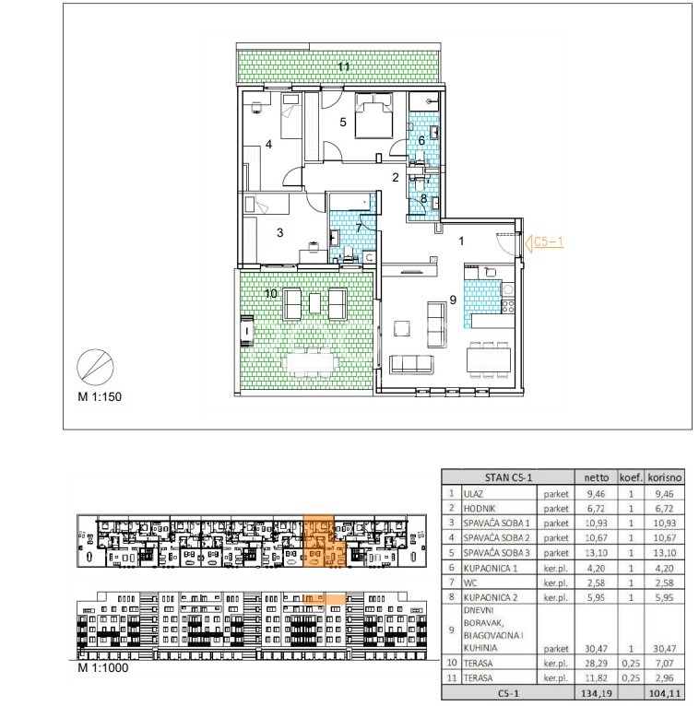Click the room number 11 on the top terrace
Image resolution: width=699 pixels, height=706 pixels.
pyautogui.click(x=344, y=66)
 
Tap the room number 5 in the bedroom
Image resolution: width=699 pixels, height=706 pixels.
pyautogui.click(x=343, y=122)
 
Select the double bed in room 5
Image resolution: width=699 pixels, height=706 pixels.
pyautogui.click(x=373, y=115)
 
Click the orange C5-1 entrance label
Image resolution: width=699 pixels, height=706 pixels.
pyautogui.click(x=548, y=241)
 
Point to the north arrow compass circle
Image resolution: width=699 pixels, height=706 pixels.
pyautogui.click(x=96, y=368)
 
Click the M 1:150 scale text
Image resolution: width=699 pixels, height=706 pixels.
pyautogui.click(x=100, y=396)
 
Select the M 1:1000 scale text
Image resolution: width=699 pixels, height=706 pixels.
pyautogui.click(x=103, y=667)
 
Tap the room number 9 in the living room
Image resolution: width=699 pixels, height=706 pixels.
pyautogui.click(x=453, y=300)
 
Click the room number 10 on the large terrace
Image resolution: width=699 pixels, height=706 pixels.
pyautogui.click(x=271, y=294)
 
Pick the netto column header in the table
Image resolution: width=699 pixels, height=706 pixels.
pyautogui.click(x=597, y=477)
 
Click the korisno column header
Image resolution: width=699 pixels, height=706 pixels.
pyautogui.click(x=664, y=477)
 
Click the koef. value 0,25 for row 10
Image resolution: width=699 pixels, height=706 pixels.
pyautogui.click(x=631, y=664)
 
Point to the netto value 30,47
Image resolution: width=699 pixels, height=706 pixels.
pyautogui.click(x=597, y=648)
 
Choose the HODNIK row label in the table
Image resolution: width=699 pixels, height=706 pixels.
pyautogui.click(x=480, y=509)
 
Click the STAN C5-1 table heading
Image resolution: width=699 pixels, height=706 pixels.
pyautogui.click(x=508, y=477)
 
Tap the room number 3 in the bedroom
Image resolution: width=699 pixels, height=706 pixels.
pyautogui.click(x=279, y=233)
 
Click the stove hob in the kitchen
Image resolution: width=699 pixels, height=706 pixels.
pyautogui.click(x=508, y=306)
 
